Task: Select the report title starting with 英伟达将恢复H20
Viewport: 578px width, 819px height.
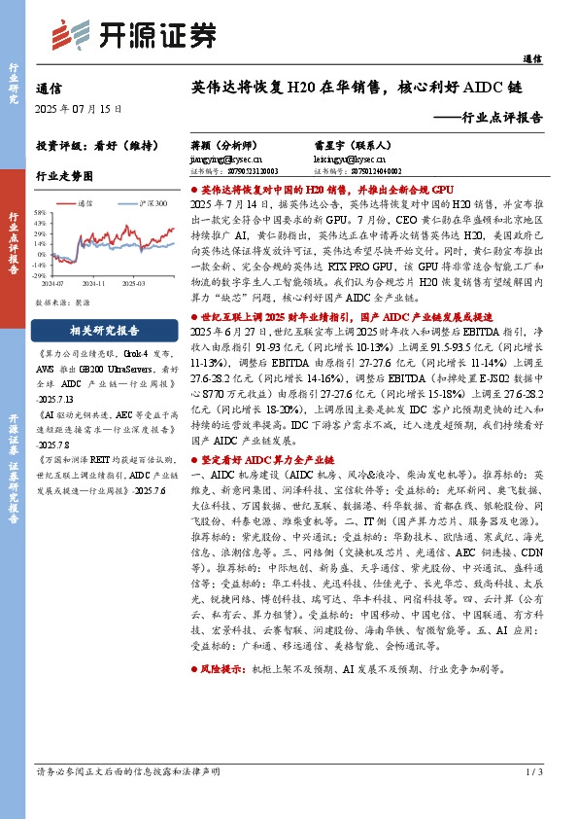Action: [x=356, y=87]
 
